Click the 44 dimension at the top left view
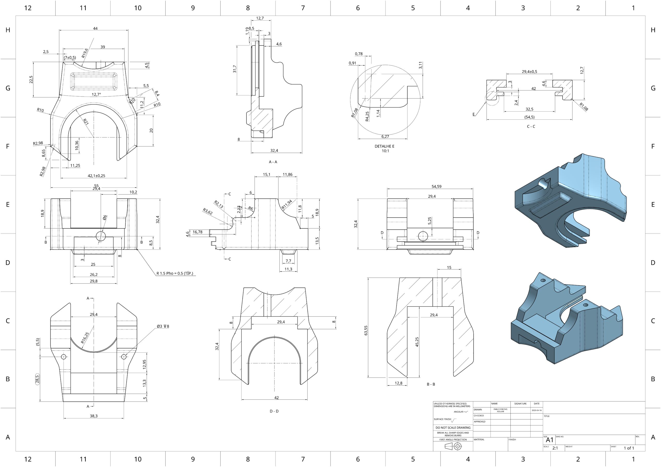[95, 28]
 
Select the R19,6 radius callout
[85, 53]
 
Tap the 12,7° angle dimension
[97, 95]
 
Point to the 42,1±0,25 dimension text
[97, 176]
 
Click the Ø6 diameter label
[105, 218]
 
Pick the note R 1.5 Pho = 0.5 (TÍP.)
[175, 273]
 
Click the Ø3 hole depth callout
[163, 326]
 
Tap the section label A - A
[273, 162]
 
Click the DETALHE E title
[385, 146]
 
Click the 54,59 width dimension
[436, 186]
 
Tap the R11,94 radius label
[287, 204]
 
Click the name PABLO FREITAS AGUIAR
[500, 410]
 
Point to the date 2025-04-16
[537, 410]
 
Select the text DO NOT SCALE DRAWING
[453, 427]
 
